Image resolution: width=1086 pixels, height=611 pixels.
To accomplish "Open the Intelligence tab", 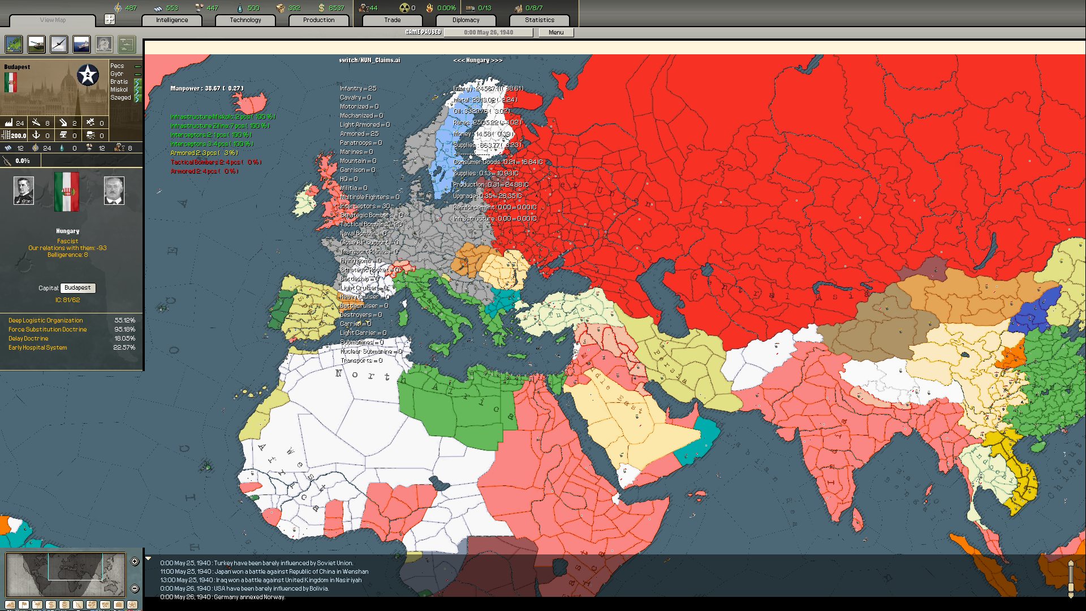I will (x=172, y=20).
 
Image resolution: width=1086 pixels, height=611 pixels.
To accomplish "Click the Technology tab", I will (x=245, y=20).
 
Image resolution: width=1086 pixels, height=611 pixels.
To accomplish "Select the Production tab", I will (x=318, y=20).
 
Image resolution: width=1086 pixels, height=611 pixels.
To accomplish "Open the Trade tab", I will (x=392, y=20).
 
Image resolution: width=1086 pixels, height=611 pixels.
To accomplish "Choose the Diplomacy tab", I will (x=466, y=20).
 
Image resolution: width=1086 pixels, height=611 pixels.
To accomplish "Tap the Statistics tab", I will (x=539, y=20).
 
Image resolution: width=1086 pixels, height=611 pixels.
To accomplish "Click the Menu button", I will (x=555, y=33).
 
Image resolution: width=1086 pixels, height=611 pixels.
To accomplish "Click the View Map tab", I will (x=53, y=20).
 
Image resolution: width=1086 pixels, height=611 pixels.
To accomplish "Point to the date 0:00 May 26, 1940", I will (x=488, y=33).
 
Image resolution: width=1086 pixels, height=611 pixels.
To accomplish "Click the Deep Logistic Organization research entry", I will (x=45, y=321).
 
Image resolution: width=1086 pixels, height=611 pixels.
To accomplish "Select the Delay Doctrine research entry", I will (x=28, y=339).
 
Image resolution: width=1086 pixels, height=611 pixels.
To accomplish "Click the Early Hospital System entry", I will (x=37, y=348).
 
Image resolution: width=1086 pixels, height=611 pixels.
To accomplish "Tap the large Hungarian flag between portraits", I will (x=67, y=192).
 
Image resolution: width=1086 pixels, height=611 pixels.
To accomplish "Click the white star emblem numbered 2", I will (x=88, y=75).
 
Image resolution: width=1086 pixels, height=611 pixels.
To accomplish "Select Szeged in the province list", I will (x=120, y=98).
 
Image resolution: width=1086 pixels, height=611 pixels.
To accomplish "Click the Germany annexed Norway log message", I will (x=222, y=597).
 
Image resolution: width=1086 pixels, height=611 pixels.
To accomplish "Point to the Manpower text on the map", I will (x=206, y=89).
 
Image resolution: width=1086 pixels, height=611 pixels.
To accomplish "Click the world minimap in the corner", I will (x=65, y=575).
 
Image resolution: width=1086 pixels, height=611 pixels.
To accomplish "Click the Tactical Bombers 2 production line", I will (x=216, y=162).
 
